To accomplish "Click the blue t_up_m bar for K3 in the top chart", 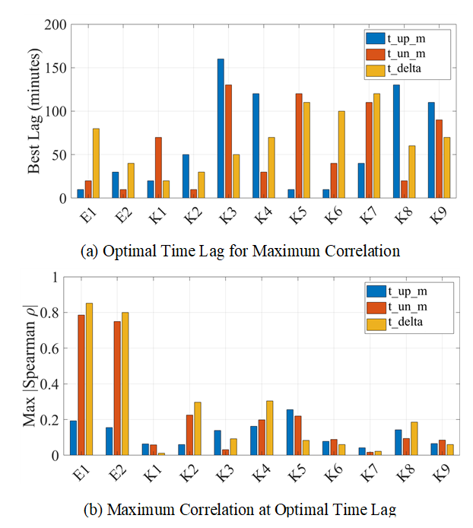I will tap(221, 129).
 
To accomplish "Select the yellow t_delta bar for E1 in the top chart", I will tap(96, 164).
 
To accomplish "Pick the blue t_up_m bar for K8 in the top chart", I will tap(395, 142).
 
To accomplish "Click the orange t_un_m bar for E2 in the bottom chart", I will tap(117, 388).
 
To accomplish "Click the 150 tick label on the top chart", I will tap(56, 68).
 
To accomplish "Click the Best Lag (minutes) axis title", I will tap(34, 111).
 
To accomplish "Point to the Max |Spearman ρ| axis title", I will tap(30, 366).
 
